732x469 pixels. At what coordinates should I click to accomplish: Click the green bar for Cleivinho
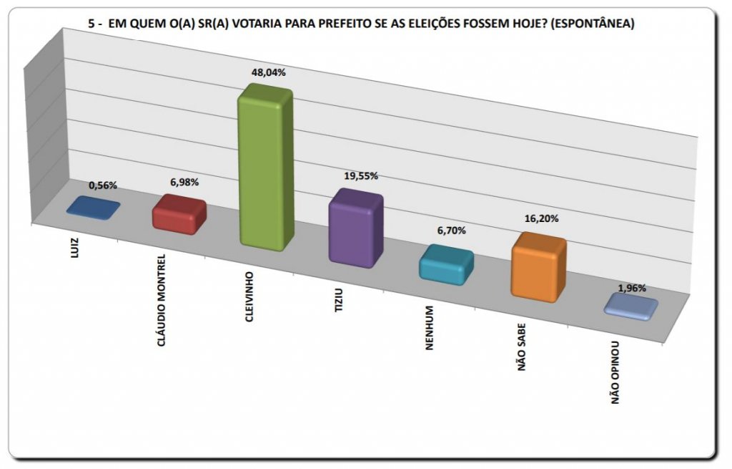(265, 168)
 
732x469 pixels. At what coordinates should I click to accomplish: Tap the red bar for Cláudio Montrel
(179, 215)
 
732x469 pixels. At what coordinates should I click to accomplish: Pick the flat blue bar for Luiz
(93, 208)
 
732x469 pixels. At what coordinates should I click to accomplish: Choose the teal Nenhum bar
(446, 265)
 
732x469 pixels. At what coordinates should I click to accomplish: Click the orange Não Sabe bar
(538, 268)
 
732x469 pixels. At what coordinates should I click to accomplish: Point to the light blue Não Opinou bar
(630, 306)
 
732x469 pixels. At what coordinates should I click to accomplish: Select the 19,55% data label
(358, 175)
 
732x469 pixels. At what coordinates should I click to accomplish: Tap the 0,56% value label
(103, 185)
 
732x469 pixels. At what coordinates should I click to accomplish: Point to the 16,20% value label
(540, 219)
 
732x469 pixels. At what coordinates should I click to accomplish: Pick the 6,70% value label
(451, 231)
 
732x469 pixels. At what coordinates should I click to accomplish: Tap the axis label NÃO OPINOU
(615, 373)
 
